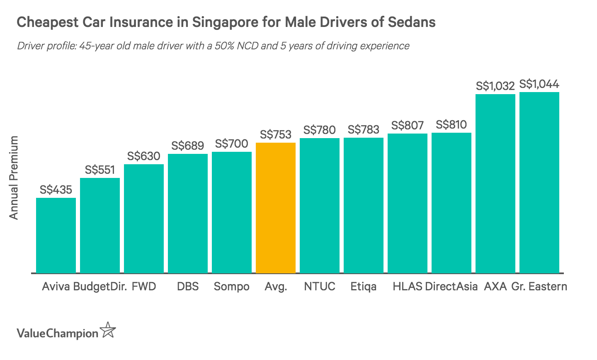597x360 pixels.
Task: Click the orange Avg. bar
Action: pos(276,208)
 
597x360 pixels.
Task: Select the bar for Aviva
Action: pos(56,235)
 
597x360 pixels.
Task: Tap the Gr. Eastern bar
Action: pos(539,182)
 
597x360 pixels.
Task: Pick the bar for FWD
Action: pos(144,219)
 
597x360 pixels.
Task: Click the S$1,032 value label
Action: pos(495,86)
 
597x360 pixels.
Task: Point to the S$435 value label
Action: pos(56,190)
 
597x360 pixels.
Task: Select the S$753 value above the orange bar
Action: pos(276,135)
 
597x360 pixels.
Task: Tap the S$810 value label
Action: pos(451,125)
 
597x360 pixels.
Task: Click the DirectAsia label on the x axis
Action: pos(451,287)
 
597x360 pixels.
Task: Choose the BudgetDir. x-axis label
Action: pos(100,287)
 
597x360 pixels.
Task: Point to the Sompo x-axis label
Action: pos(232,287)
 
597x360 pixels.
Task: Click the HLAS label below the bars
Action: pos(408,287)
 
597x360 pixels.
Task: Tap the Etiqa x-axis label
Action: pos(364,287)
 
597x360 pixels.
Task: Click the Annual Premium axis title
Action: pos(14,178)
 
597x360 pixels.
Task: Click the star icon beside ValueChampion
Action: pos(108,331)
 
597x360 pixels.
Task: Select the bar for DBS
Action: pos(188,214)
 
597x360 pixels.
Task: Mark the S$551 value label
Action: pos(100,170)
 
